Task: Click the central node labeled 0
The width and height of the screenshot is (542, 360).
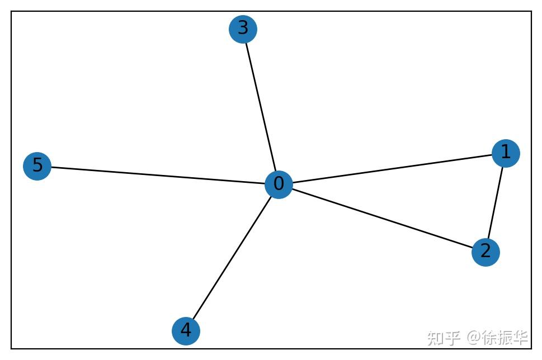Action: (x=279, y=184)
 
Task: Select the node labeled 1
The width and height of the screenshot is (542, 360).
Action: (x=506, y=153)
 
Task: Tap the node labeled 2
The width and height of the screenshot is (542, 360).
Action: (x=485, y=252)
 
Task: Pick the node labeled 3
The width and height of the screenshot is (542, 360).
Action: (x=243, y=29)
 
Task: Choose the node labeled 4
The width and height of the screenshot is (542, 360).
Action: (x=186, y=331)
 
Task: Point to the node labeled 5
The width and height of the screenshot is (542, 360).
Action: (x=37, y=166)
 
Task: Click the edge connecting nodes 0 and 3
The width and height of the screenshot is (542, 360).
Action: (x=261, y=106)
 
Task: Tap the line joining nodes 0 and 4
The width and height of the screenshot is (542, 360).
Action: (x=232, y=258)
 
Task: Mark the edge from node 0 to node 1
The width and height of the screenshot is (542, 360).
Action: (x=392, y=169)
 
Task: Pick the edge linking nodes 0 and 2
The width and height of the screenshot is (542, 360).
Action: (x=381, y=218)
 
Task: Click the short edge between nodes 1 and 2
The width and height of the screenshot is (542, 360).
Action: (x=496, y=202)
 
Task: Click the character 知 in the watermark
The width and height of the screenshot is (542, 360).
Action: (x=435, y=338)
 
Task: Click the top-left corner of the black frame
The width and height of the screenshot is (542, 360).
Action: (x=11, y=11)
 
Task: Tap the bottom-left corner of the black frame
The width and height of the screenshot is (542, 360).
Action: (x=11, y=348)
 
